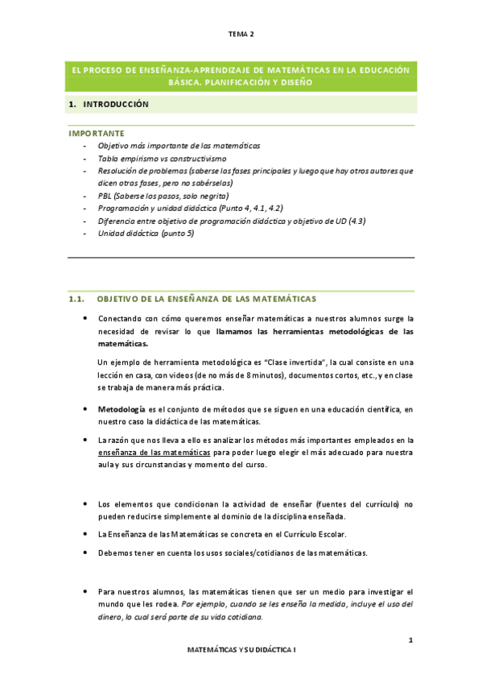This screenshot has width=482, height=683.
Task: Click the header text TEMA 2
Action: pyautogui.click(x=241, y=35)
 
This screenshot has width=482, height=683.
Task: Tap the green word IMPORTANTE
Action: pyautogui.click(x=96, y=132)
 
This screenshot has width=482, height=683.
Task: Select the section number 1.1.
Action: pyautogui.click(x=77, y=300)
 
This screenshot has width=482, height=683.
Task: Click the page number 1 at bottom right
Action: pyautogui.click(x=410, y=640)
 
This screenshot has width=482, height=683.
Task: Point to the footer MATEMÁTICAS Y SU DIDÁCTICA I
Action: pyautogui.click(x=241, y=648)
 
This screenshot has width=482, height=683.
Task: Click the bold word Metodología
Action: pyautogui.click(x=121, y=409)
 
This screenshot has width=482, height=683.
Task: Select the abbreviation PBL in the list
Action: pyautogui.click(x=105, y=196)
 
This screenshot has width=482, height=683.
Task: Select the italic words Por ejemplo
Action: pyautogui.click(x=200, y=603)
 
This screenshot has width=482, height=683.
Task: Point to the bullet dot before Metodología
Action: pyautogui.click(x=85, y=409)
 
